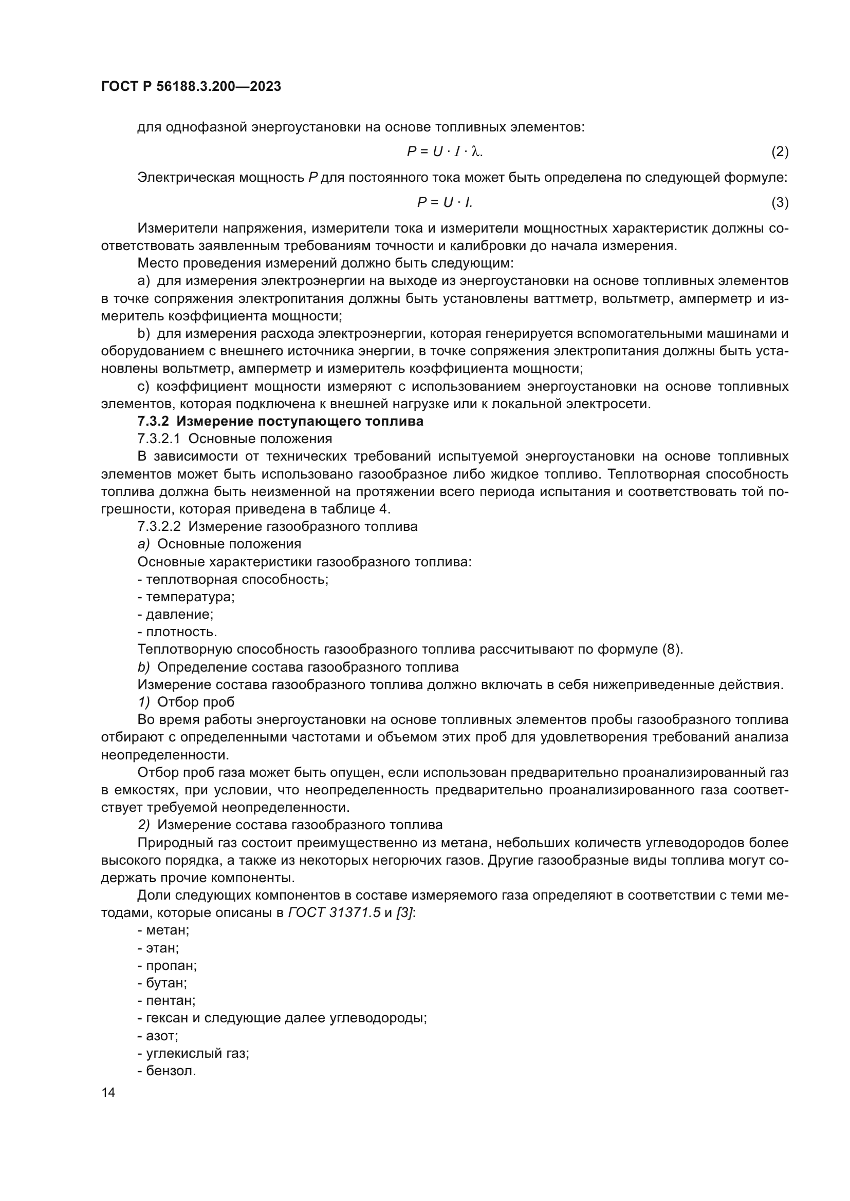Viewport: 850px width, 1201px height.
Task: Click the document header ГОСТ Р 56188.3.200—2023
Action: coord(191,87)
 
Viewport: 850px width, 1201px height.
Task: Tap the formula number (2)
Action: coord(780,151)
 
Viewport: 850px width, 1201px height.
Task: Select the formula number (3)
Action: coord(780,202)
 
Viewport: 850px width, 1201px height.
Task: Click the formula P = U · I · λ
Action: coord(445,151)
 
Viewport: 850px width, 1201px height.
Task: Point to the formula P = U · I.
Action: coord(445,202)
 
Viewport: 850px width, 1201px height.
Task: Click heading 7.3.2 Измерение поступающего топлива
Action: coord(280,421)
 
